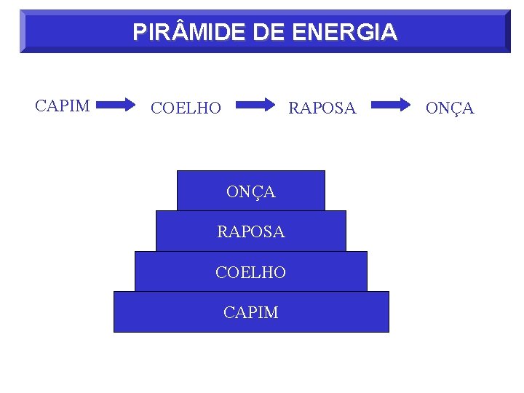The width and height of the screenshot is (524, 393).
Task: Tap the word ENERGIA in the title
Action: pyautogui.click(x=344, y=32)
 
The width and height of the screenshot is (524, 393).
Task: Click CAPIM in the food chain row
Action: pyautogui.click(x=63, y=106)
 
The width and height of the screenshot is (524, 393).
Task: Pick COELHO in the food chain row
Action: pyautogui.click(x=186, y=108)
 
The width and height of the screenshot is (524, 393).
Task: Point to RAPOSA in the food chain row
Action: pyautogui.click(x=322, y=108)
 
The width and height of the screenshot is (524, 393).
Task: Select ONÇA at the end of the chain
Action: pyautogui.click(x=450, y=108)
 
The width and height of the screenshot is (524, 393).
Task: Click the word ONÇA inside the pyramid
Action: pyautogui.click(x=251, y=192)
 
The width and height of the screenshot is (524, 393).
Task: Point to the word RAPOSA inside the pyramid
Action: pyautogui.click(x=251, y=232)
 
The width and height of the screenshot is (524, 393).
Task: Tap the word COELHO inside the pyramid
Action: pyautogui.click(x=251, y=272)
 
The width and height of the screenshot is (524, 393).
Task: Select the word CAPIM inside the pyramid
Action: pyautogui.click(x=251, y=312)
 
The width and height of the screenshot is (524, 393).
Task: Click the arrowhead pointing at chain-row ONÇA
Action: pyautogui.click(x=405, y=105)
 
